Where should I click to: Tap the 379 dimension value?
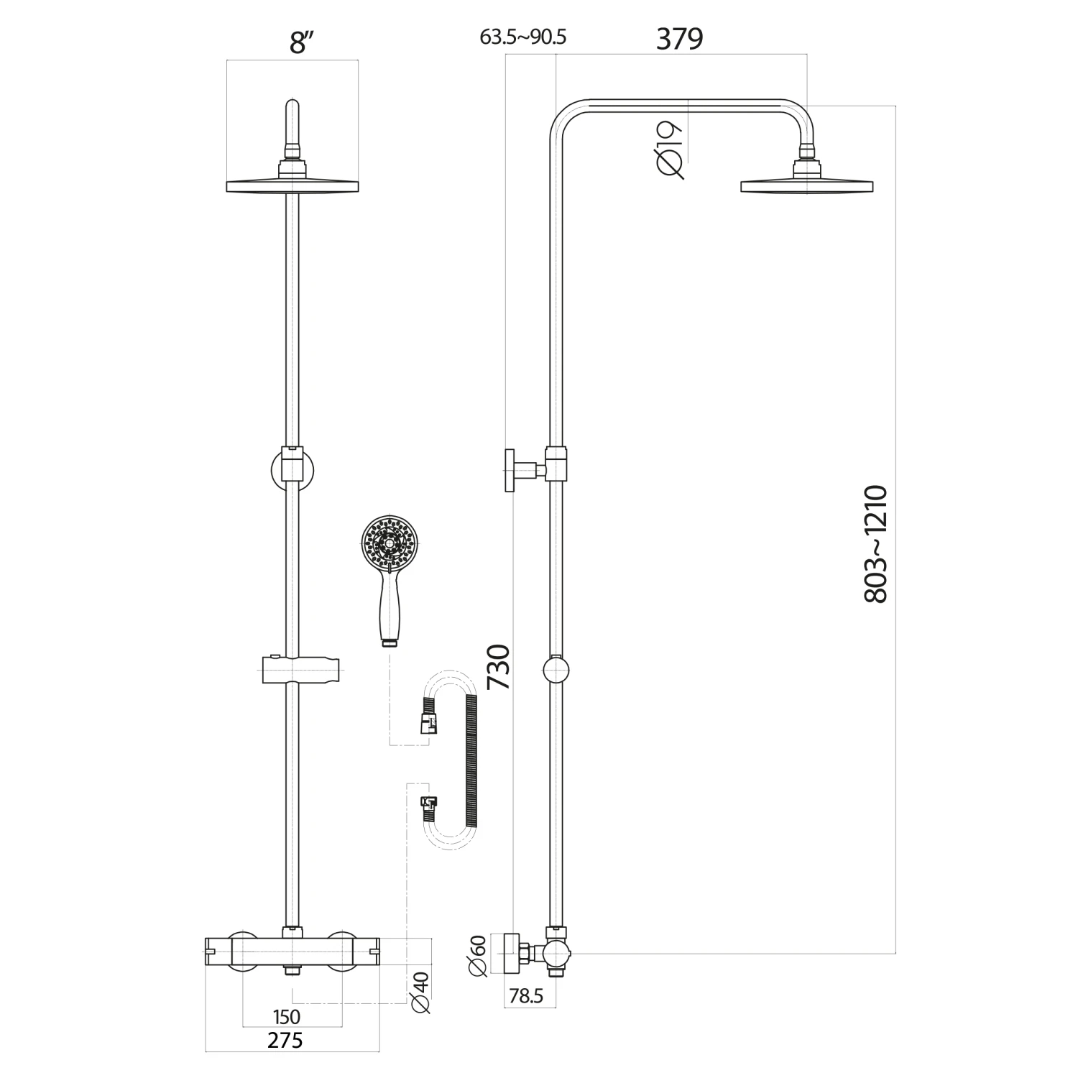pyautogui.click(x=679, y=40)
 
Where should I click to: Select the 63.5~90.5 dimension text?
pyautogui.click(x=523, y=37)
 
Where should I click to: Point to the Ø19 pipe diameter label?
pyautogui.click(x=669, y=149)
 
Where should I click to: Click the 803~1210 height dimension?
pyautogui.click(x=877, y=544)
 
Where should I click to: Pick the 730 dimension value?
pyautogui.click(x=499, y=668)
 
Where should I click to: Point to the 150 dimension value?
pyautogui.click(x=287, y=1017)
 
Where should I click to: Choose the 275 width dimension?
pyautogui.click(x=285, y=1040)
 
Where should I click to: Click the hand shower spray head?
pyautogui.click(x=388, y=543)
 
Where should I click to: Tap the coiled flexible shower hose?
pyautogui.click(x=471, y=762)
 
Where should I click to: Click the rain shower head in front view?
pyautogui.click(x=292, y=185)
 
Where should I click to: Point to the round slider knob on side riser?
pyautogui.click(x=556, y=670)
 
